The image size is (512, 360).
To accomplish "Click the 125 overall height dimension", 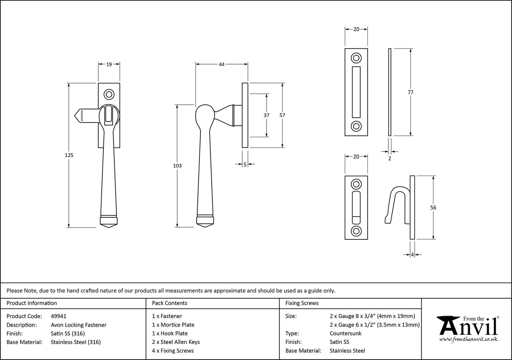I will point(70,155).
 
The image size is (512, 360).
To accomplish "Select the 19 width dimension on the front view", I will point(109,65).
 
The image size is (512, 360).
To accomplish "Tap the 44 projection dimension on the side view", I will point(221,65).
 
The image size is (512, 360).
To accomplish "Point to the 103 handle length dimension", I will point(178,166).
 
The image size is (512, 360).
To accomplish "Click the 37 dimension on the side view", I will point(267,116).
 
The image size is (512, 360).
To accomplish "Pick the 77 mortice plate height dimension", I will point(410,92).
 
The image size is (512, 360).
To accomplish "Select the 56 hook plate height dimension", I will point(433,208).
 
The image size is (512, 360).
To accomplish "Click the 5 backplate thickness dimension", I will point(245,165).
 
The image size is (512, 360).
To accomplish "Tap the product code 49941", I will point(58,316).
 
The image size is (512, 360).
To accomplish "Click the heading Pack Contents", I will point(170,303).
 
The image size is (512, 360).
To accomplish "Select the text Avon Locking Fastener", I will point(78,325).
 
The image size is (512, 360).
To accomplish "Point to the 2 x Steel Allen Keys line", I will point(176,342).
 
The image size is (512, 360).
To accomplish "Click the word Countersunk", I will point(345,333).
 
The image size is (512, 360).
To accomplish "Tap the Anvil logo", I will point(467,328).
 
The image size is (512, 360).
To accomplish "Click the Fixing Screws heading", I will point(302,303).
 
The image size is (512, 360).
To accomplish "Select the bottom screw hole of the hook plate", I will point(356,230).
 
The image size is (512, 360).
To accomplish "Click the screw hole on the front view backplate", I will point(109,94).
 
